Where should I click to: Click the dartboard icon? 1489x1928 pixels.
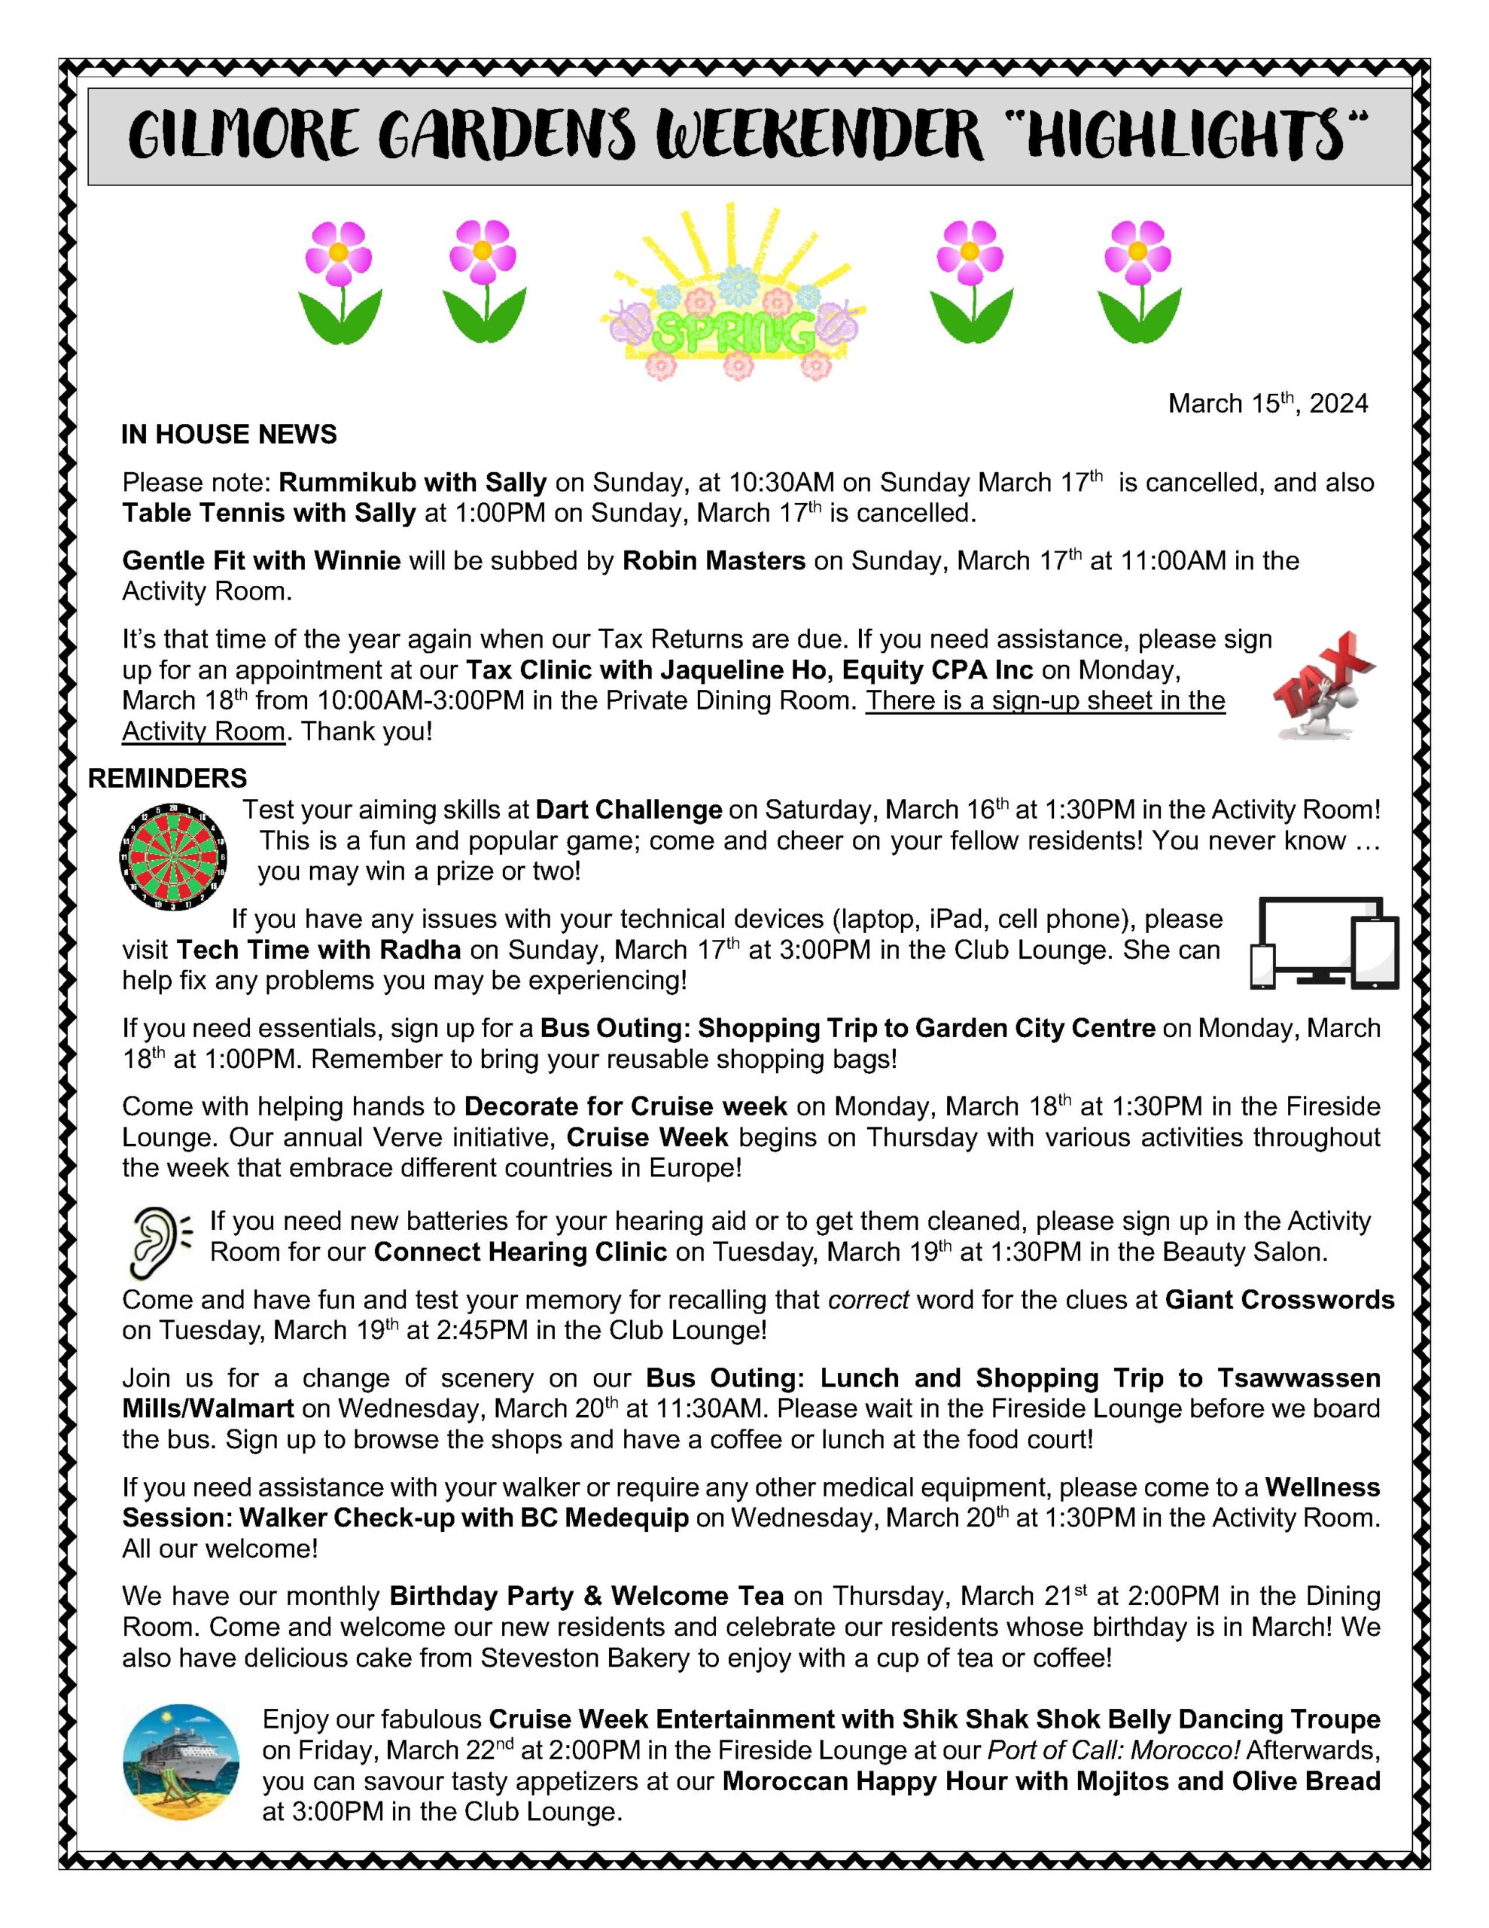[174, 856]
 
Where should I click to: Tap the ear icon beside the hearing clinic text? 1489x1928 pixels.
[159, 1244]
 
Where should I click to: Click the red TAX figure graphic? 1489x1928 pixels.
[1325, 684]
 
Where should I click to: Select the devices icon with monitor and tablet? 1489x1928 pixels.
[1325, 943]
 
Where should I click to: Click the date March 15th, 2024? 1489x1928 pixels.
[1268, 404]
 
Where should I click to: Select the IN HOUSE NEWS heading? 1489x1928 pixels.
[229, 435]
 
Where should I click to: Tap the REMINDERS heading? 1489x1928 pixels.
[168, 778]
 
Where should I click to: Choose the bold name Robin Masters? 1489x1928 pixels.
[713, 560]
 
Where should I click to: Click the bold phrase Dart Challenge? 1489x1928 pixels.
[629, 810]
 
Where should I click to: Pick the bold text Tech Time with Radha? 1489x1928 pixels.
[318, 950]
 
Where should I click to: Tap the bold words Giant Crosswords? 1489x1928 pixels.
[1279, 1299]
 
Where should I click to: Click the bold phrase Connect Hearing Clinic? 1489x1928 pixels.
[520, 1252]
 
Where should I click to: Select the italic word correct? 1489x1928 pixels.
[868, 1299]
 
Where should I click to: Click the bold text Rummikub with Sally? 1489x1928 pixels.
[413, 482]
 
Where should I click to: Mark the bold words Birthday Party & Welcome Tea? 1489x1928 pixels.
[586, 1596]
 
